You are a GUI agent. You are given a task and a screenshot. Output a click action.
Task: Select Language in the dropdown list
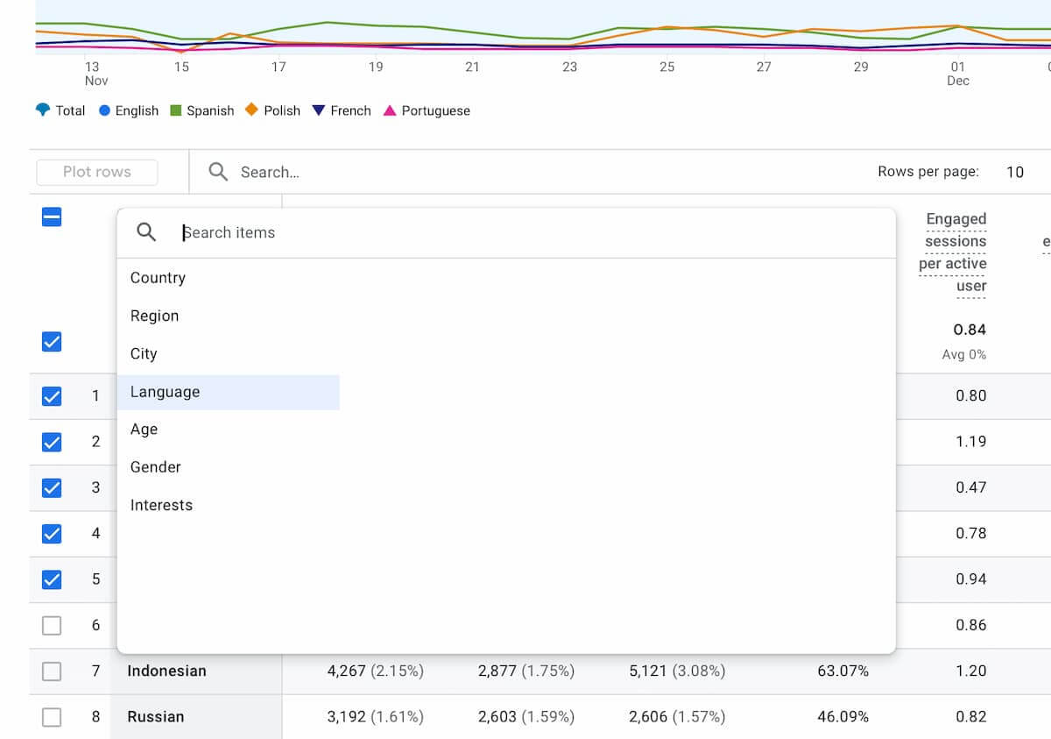pyautogui.click(x=166, y=392)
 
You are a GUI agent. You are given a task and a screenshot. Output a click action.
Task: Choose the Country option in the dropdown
pyautogui.click(x=158, y=278)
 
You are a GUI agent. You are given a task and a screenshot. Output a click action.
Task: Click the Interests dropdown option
pyautogui.click(x=161, y=505)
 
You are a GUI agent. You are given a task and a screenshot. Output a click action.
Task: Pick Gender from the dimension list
pyautogui.click(x=155, y=467)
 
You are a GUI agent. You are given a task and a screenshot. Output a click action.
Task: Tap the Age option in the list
pyautogui.click(x=144, y=430)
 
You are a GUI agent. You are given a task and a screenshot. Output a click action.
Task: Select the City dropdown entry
pyautogui.click(x=144, y=354)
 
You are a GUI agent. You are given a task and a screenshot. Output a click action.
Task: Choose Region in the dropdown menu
pyautogui.click(x=154, y=316)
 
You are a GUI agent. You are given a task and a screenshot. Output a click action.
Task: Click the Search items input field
pyautogui.click(x=525, y=232)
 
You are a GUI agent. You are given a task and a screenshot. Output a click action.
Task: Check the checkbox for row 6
pyautogui.click(x=52, y=625)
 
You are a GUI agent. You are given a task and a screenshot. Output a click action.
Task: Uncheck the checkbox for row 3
pyautogui.click(x=52, y=487)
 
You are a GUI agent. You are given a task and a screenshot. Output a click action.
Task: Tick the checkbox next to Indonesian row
pyautogui.click(x=52, y=671)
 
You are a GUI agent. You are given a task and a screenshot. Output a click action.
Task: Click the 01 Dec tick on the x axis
pyautogui.click(x=957, y=73)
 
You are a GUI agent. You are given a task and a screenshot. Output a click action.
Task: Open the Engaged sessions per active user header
pyautogui.click(x=955, y=252)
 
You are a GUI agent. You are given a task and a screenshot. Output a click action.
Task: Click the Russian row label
pyautogui.click(x=156, y=717)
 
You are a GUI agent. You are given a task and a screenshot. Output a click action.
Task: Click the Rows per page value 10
pyautogui.click(x=1014, y=172)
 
